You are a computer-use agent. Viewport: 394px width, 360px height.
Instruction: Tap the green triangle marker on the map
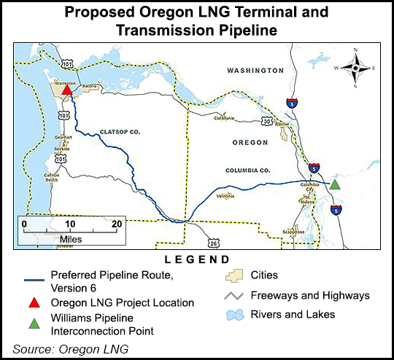(x=334, y=184)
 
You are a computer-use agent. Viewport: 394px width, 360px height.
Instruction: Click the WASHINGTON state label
(x=254, y=71)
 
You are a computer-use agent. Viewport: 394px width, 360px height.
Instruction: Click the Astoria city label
(x=90, y=86)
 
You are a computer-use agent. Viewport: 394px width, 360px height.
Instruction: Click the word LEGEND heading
(x=197, y=259)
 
